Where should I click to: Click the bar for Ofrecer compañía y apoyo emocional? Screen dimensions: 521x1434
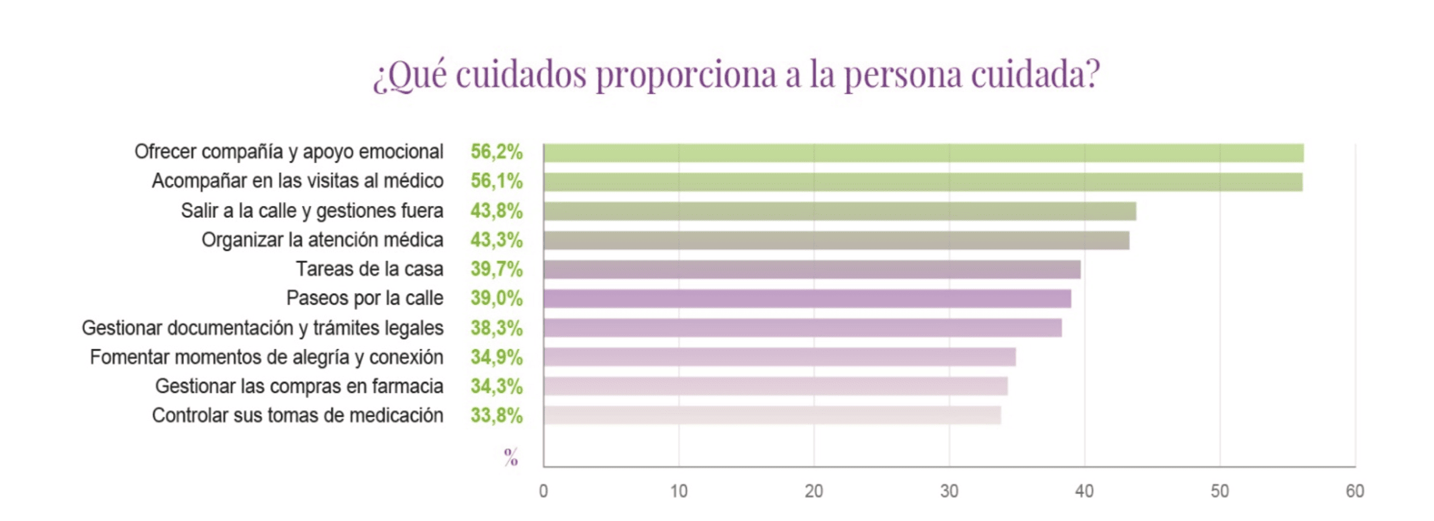point(923,153)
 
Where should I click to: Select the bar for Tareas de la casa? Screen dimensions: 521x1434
point(811,270)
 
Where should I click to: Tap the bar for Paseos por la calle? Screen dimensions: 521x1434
point(807,299)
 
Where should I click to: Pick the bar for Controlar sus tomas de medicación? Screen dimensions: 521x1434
point(772,415)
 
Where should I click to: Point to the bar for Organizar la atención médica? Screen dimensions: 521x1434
point(836,240)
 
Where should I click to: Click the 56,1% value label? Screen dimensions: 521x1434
point(496,181)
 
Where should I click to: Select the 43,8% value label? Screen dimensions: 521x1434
point(496,210)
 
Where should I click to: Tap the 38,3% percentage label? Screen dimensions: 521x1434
point(496,328)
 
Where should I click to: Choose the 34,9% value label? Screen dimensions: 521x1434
point(496,357)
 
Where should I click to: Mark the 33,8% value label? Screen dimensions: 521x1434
point(496,415)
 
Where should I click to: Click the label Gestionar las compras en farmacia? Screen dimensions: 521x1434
point(299,386)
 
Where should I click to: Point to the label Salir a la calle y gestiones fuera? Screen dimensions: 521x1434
point(312,210)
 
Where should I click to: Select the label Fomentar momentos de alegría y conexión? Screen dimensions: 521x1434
point(266,357)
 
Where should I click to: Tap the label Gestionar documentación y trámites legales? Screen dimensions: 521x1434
point(262,328)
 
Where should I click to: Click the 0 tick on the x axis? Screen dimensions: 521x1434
point(543,491)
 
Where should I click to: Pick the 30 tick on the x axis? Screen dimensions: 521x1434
point(949,491)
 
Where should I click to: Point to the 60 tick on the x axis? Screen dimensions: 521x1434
point(1355,491)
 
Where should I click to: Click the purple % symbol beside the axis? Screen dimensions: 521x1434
point(511,457)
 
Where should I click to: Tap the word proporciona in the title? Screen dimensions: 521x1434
point(686,75)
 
